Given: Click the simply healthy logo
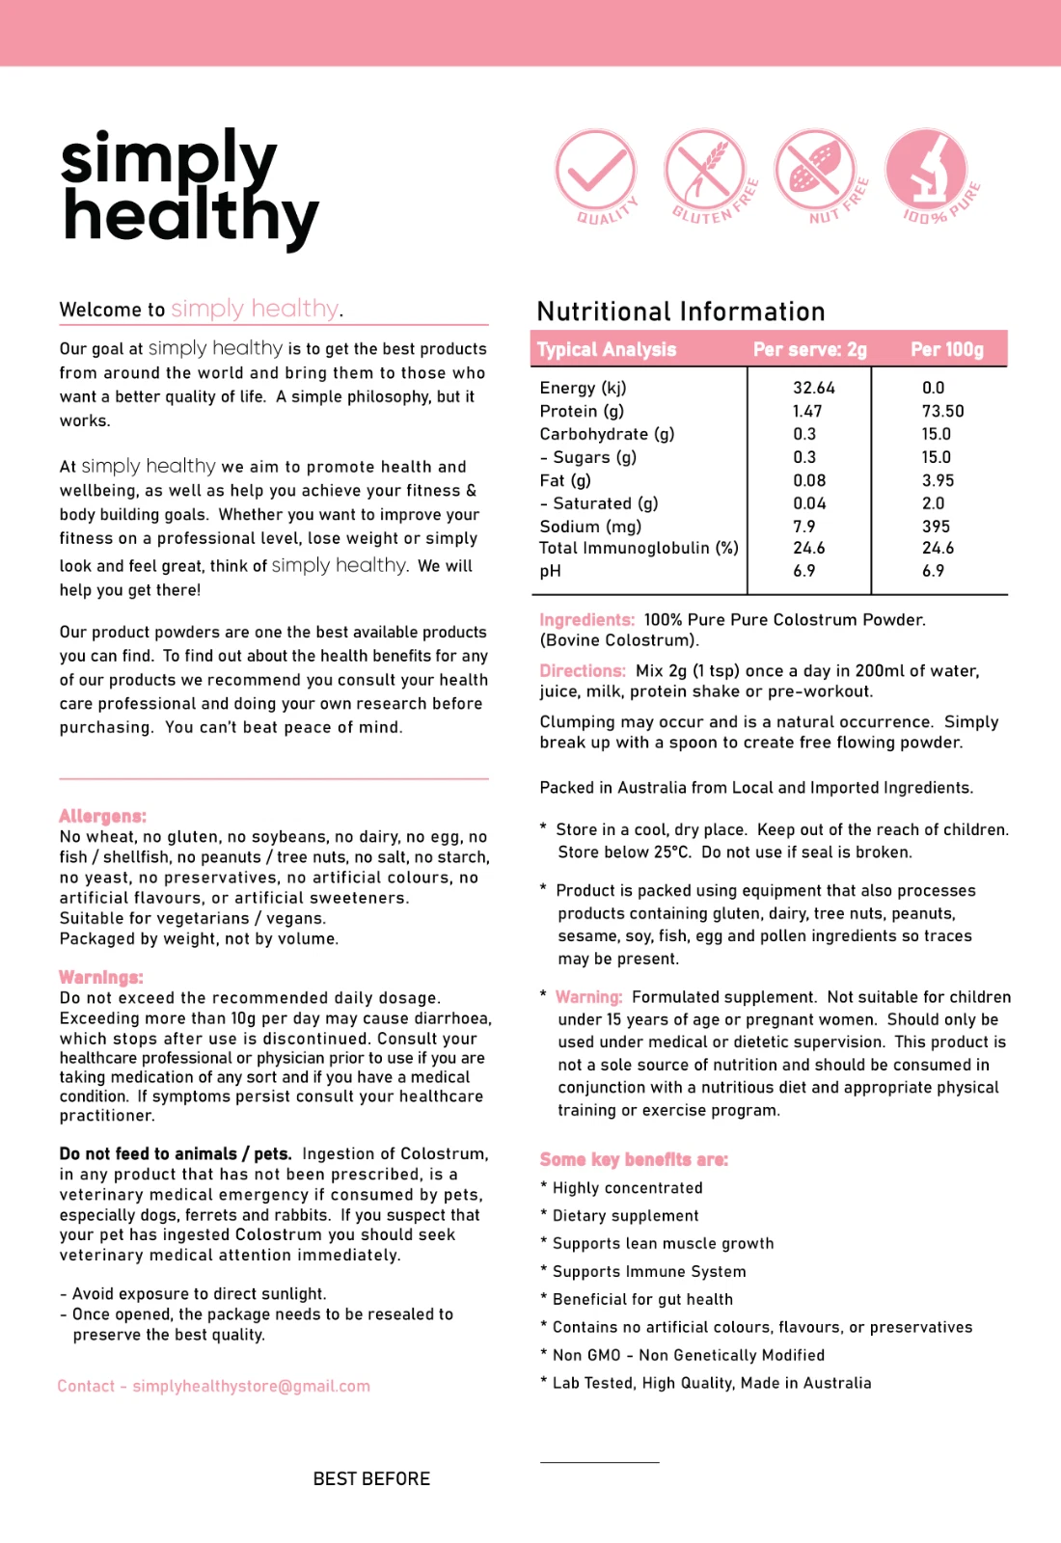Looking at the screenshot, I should coord(188,188).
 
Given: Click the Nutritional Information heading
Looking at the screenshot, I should coord(681,311).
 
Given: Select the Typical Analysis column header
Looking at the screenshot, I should coord(607,349).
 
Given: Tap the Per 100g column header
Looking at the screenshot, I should coord(947,349).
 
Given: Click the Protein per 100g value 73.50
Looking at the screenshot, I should coord(942,411).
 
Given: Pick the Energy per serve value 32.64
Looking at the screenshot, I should coord(814,388).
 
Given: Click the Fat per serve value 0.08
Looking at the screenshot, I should coord(809,480).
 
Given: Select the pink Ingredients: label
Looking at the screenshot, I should coord(586,620).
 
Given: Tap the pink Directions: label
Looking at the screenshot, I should coord(583,671).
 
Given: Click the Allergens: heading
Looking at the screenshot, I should coord(102,816).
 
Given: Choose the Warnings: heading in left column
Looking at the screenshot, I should coord(101,977).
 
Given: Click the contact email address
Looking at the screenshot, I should coord(251,1386).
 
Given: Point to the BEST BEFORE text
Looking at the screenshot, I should coord(371,1478).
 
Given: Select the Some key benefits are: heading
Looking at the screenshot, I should coord(634,1159).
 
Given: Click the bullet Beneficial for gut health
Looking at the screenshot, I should coord(642,1299).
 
